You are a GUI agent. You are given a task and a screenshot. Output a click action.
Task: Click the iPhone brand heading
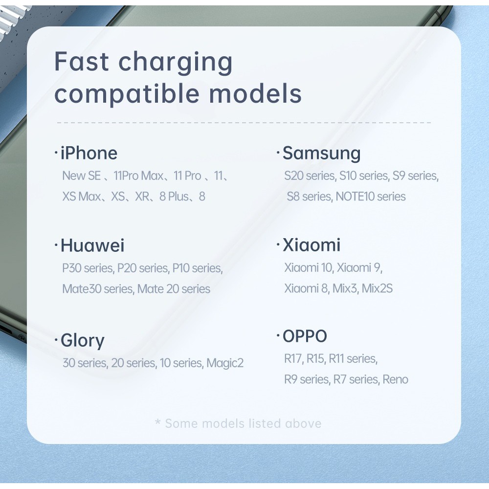(x=89, y=153)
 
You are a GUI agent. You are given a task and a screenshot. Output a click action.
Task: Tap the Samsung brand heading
(x=322, y=154)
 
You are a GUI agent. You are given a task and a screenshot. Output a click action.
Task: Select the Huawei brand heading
(x=92, y=245)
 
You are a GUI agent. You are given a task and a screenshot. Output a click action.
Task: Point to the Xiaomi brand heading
(x=311, y=245)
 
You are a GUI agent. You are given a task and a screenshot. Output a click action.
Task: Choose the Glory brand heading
(x=82, y=340)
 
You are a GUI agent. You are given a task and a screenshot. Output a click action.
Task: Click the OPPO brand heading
(x=305, y=336)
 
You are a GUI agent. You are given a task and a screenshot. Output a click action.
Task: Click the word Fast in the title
(x=81, y=62)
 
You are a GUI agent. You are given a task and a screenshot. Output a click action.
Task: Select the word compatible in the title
(x=127, y=94)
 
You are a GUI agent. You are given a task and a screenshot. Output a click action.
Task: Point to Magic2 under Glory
(x=225, y=363)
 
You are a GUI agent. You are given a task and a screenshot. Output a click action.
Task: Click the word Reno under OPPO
(x=395, y=379)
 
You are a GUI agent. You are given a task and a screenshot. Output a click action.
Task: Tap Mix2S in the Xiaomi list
(x=377, y=289)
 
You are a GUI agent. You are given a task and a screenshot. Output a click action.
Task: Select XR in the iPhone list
(x=142, y=197)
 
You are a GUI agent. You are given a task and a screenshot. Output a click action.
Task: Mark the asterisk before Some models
(x=158, y=422)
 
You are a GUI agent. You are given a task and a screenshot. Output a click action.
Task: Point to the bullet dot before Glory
(x=56, y=340)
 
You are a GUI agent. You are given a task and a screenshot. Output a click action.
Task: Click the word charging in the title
(x=175, y=63)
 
